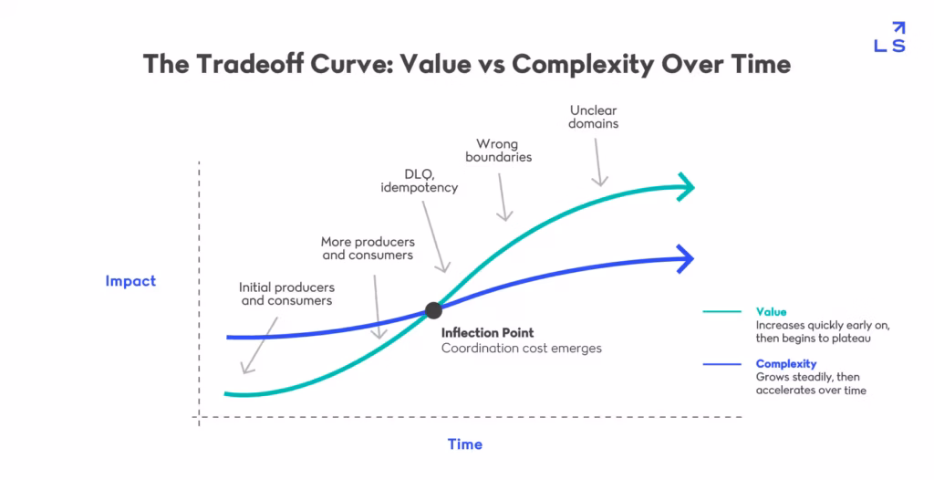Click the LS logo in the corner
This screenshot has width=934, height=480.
coord(889,37)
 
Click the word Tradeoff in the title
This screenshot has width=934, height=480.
coord(240,64)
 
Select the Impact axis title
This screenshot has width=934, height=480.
coord(130,281)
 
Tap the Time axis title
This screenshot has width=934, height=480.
coord(464,444)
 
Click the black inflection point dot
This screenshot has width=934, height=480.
coord(434,310)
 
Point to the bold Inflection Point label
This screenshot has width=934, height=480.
coord(487,333)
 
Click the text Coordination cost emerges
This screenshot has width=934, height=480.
coord(522,349)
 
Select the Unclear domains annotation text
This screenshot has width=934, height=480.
coord(594,116)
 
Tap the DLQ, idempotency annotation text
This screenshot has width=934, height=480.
coord(419,181)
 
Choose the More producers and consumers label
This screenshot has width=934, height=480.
coord(368,248)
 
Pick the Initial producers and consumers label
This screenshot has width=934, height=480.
coord(285,294)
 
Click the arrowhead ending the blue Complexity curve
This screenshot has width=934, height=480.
coord(685,259)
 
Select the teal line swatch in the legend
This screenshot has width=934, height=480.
coord(721,311)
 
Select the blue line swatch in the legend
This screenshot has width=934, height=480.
coord(721,364)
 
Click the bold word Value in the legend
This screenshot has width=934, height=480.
coord(771,311)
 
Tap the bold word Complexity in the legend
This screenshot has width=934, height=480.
coord(785,364)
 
